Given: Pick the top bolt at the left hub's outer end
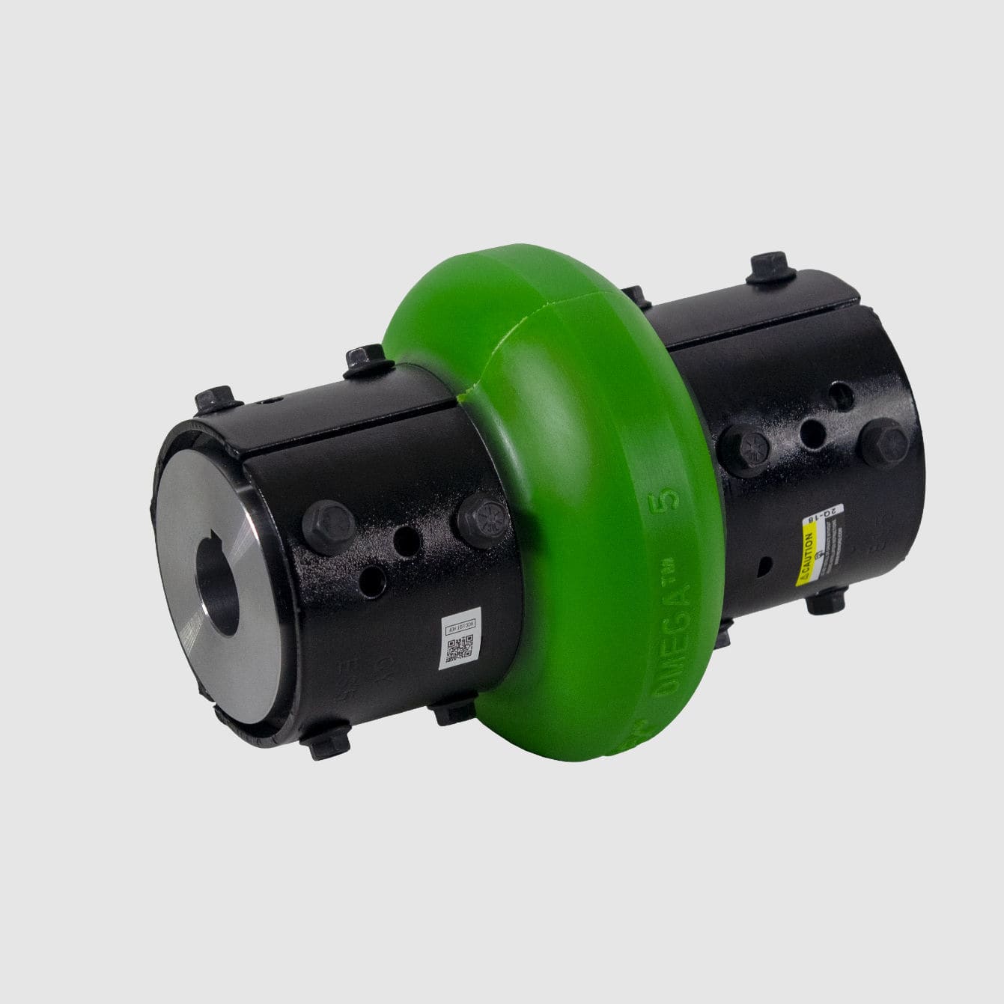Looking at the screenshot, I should [215, 405].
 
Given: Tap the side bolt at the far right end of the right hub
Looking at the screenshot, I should [883, 442].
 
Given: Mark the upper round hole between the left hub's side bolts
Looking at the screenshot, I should [407, 538].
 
